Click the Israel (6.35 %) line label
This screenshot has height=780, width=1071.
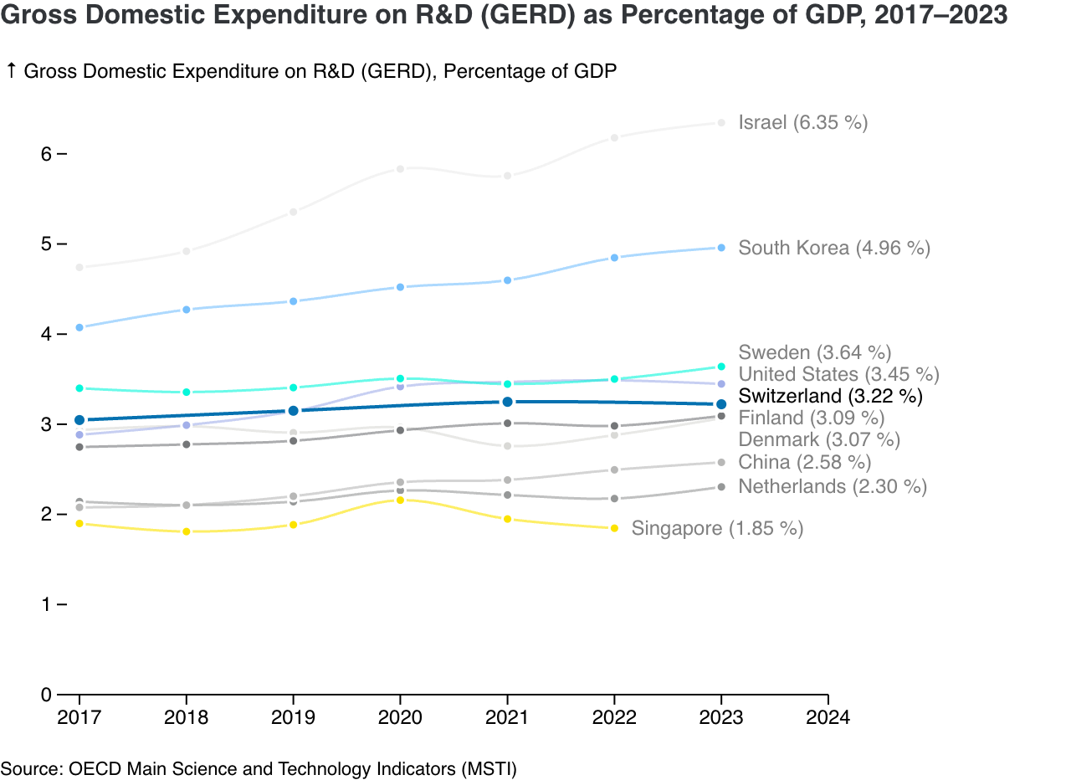pos(802,123)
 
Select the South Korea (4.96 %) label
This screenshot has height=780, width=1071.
pos(833,248)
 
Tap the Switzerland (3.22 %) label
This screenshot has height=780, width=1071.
pos(830,396)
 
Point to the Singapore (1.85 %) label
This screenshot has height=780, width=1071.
pos(717,528)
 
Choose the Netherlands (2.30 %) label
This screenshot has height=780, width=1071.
pos(832,486)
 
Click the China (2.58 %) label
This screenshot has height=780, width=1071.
pos(804,462)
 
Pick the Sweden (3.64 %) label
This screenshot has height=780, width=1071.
pos(814,352)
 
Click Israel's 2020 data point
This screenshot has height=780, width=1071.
pos(401,169)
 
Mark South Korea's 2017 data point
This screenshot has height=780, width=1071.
pos(79,327)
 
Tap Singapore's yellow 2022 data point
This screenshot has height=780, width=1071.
pos(615,528)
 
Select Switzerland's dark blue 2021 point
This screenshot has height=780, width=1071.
pos(508,402)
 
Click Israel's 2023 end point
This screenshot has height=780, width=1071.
pos(721,123)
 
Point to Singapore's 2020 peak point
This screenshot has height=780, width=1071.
pos(401,500)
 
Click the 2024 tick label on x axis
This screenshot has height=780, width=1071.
pos(828,718)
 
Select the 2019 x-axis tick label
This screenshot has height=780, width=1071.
pos(294,718)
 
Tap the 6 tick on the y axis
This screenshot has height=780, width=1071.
pos(46,154)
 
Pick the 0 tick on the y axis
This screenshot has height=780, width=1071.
pos(46,694)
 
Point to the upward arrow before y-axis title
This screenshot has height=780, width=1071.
pos(11,71)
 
